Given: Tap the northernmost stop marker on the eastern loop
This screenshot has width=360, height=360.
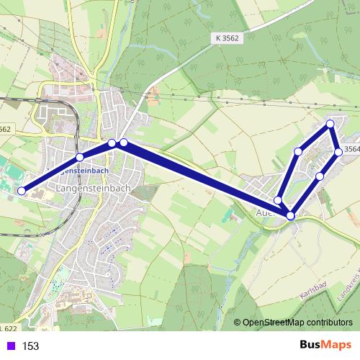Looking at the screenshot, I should pos(330,125).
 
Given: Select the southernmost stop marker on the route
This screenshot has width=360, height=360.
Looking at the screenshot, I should pos(291,215).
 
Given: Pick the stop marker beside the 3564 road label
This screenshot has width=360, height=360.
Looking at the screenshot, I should pos(338,152).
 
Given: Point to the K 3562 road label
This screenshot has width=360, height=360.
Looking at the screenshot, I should pos(228,37).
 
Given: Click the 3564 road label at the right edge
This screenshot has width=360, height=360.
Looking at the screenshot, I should pos(351,149).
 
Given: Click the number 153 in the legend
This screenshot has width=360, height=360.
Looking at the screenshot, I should pos(30,346).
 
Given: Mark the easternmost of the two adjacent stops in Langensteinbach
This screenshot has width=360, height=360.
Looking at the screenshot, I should pos(124,143).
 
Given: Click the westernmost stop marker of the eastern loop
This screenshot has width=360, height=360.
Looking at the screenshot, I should pos(278,199).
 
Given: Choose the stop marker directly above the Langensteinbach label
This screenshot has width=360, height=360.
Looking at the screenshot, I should pos(80,157).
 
